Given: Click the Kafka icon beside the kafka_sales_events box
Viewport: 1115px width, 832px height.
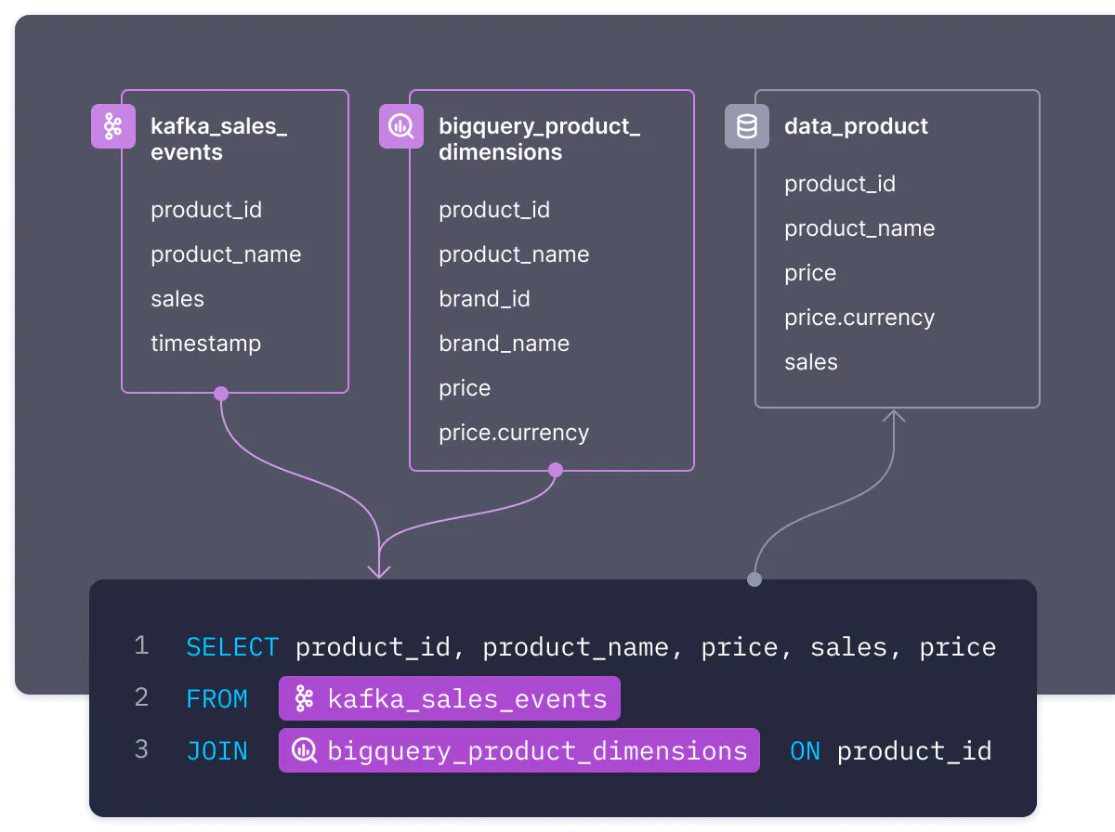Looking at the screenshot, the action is (x=113, y=126).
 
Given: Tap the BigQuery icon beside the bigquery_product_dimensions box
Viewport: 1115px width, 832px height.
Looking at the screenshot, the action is (x=401, y=126).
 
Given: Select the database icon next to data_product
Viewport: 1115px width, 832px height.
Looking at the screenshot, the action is (x=747, y=126).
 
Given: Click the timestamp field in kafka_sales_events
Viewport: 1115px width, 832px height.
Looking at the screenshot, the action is (x=205, y=344).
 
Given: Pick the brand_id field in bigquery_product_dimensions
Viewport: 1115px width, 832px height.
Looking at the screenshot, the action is (x=484, y=299).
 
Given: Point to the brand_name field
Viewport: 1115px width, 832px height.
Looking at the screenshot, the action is (x=504, y=344).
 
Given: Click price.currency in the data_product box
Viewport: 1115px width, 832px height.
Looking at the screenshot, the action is (x=859, y=318).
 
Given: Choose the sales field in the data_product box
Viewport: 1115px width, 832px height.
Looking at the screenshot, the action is (x=811, y=362).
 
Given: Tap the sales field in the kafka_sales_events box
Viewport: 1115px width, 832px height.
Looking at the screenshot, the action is (x=177, y=299).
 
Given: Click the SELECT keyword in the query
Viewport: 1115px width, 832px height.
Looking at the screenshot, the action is (x=232, y=647).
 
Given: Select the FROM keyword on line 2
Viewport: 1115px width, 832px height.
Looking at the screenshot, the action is (x=216, y=699).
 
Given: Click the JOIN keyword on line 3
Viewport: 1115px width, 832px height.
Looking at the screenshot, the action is (x=216, y=751).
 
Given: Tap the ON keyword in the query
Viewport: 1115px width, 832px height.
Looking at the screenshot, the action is (x=806, y=751).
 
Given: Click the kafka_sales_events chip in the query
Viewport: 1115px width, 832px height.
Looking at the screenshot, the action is (x=450, y=698).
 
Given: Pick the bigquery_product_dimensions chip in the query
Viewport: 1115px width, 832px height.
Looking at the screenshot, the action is (x=519, y=750).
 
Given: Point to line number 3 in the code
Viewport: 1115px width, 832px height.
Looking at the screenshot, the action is (x=142, y=749).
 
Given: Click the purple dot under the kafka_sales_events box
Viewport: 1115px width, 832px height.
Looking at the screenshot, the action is (x=221, y=394).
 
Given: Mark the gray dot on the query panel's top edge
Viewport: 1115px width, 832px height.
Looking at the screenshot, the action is (x=754, y=579).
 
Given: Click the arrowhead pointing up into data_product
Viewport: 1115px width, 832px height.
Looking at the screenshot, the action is (x=894, y=415).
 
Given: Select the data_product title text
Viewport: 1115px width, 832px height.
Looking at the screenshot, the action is (x=856, y=127).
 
